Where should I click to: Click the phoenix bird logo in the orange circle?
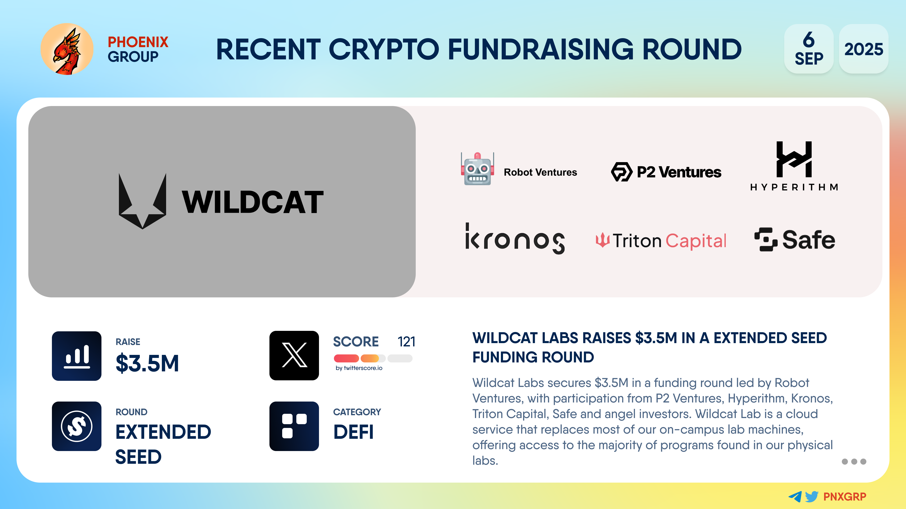pyautogui.click(x=67, y=49)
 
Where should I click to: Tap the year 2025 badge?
pyautogui.click(x=864, y=49)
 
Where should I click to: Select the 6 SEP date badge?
pyautogui.click(x=809, y=49)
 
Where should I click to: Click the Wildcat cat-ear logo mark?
pyautogui.click(x=143, y=201)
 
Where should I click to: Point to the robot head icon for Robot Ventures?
pyautogui.click(x=477, y=169)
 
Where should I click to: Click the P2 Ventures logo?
pyautogui.click(x=666, y=172)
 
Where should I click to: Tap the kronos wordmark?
pyautogui.click(x=515, y=238)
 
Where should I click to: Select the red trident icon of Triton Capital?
pyautogui.click(x=603, y=240)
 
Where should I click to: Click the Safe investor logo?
pyautogui.click(x=794, y=240)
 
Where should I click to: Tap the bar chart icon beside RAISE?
pyautogui.click(x=77, y=356)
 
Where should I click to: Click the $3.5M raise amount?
pyautogui.click(x=147, y=363)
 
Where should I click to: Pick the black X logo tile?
pyautogui.click(x=294, y=356)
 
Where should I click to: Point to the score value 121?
pyautogui.click(x=406, y=341)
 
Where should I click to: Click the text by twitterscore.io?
pyautogui.click(x=359, y=368)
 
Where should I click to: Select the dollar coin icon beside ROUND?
pyautogui.click(x=77, y=426)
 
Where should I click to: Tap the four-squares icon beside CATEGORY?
pyautogui.click(x=294, y=426)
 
